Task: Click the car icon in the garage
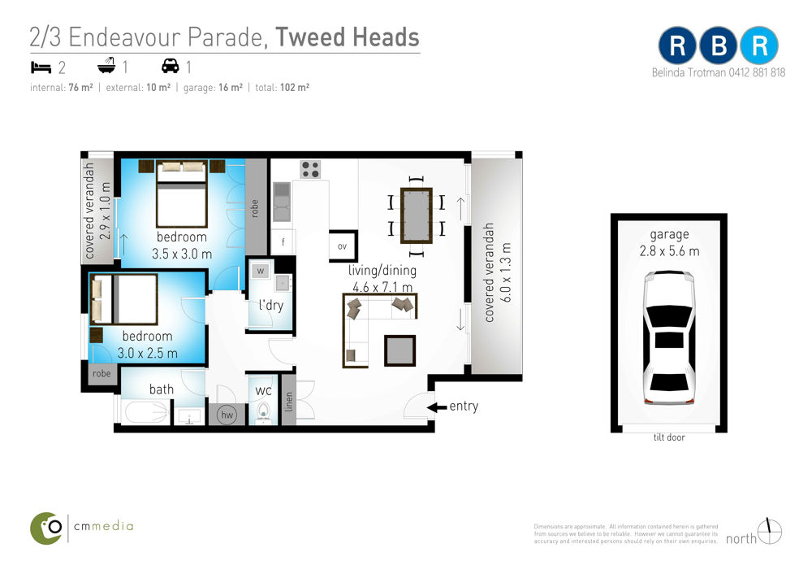tap(669, 337)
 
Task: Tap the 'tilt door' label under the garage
tap(669, 437)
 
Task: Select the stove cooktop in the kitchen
tap(310, 170)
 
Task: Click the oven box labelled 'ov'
tap(343, 246)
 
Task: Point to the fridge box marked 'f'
tap(283, 241)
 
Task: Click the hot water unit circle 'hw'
tap(227, 415)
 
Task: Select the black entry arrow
tap(437, 407)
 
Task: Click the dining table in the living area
tap(417, 215)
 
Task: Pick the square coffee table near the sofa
tap(400, 351)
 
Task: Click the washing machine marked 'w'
tap(261, 271)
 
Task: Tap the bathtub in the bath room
tap(146, 413)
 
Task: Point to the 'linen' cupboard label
tap(289, 402)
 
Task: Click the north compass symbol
tap(770, 532)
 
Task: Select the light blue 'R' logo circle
tap(758, 46)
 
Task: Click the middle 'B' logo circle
tap(719, 46)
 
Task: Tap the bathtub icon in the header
tap(106, 65)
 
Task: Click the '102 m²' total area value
tap(295, 88)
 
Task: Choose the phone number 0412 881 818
tap(757, 72)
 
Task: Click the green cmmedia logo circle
tap(46, 528)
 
